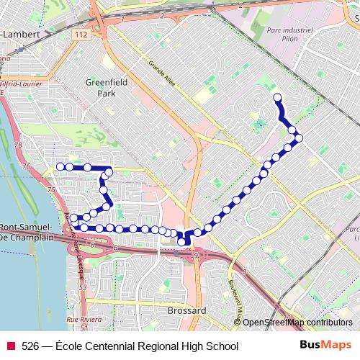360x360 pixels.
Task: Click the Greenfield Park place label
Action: [x=106, y=87]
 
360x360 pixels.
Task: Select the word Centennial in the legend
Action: [x=109, y=346]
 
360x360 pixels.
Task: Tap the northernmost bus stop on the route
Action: [x=276, y=96]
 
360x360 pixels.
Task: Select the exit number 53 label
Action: [x=83, y=287]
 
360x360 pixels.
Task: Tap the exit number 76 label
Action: [x=27, y=166]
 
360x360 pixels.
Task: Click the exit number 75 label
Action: [x=51, y=189]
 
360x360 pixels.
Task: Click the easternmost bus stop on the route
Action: [x=299, y=138]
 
